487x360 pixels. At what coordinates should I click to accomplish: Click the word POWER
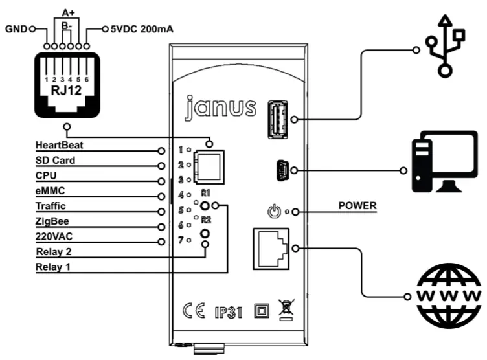point(357,206)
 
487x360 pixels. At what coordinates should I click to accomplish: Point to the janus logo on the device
point(218,108)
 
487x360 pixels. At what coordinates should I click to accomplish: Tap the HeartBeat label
point(60,145)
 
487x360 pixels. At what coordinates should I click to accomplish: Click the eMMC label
point(52,191)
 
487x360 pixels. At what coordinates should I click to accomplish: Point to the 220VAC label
point(54,236)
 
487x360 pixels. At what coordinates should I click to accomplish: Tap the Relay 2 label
point(54,251)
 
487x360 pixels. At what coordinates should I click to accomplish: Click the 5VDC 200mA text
point(142,29)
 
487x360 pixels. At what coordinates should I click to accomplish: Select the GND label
point(16,29)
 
